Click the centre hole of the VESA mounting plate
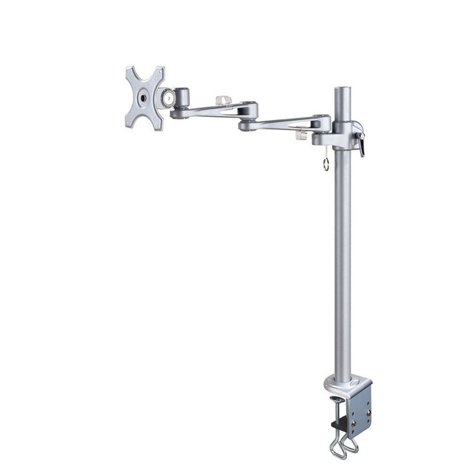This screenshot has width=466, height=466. [x=144, y=98]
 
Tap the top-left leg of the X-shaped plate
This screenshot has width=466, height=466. [x=131, y=74]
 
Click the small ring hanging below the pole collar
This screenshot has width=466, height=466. [x=325, y=164]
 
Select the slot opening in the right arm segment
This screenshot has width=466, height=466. [x=287, y=123]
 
